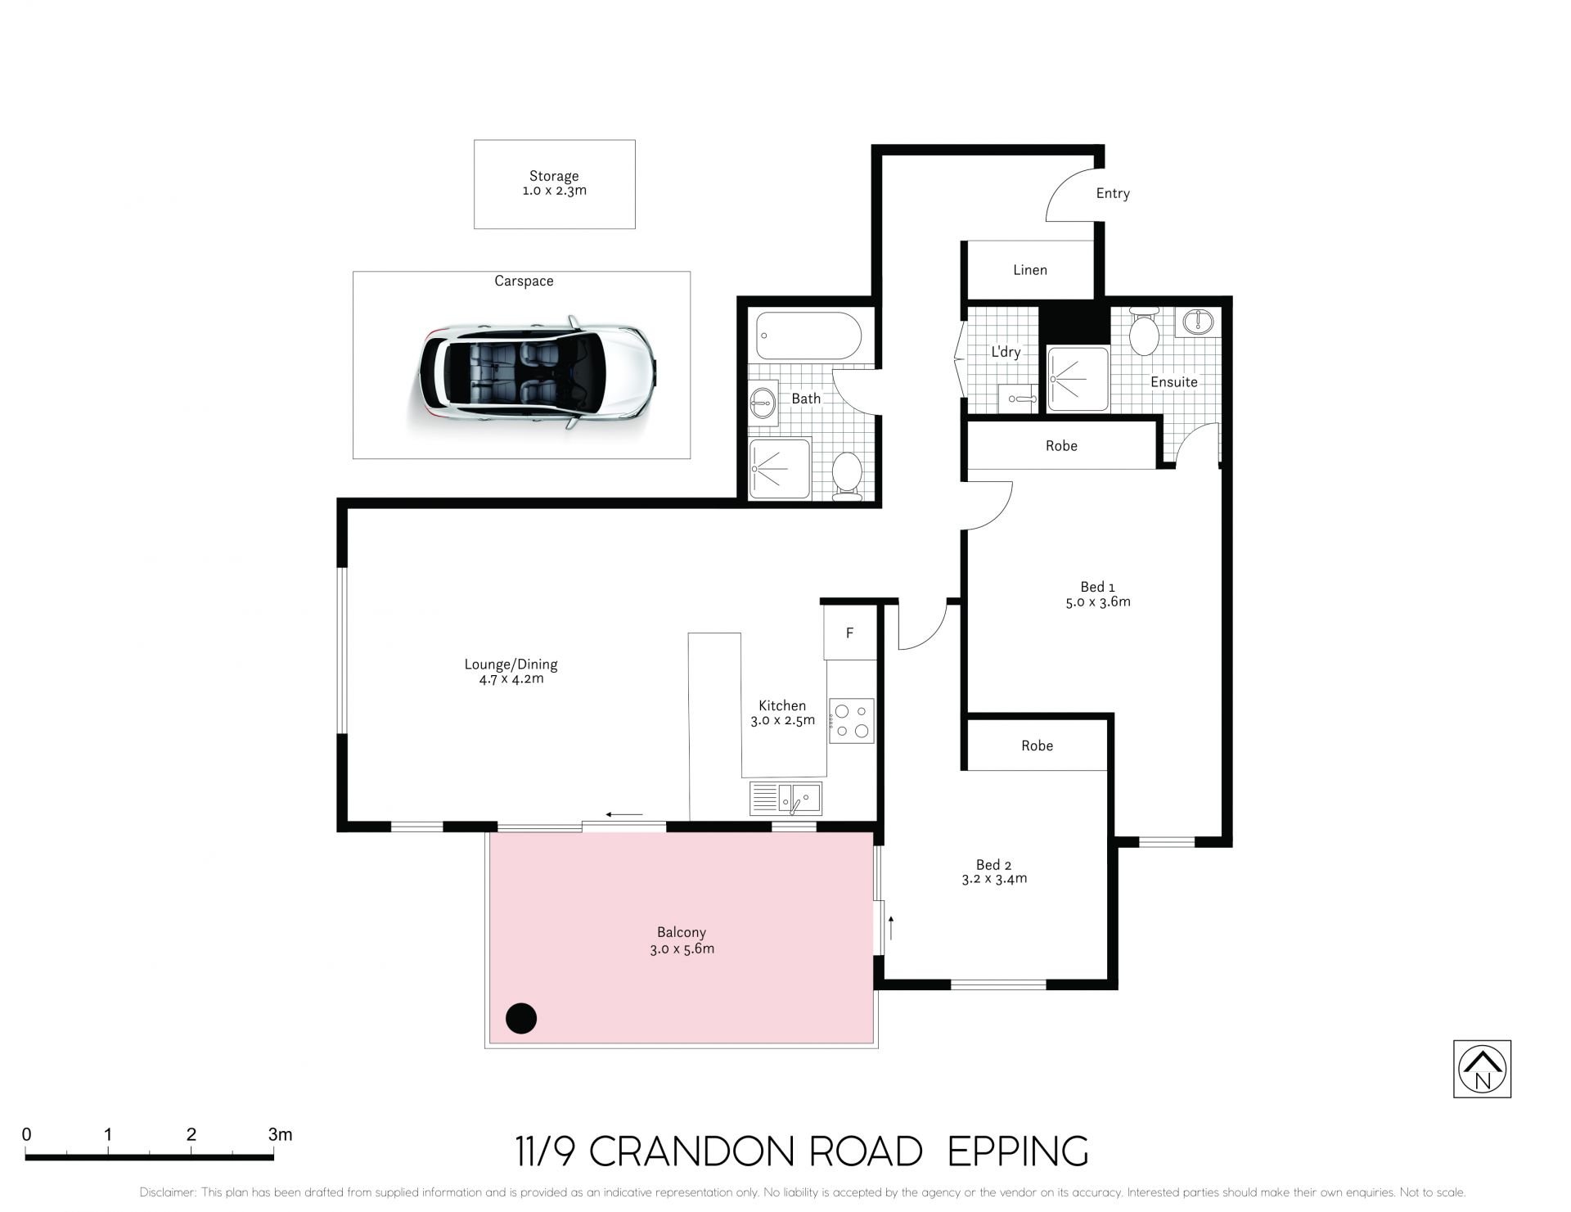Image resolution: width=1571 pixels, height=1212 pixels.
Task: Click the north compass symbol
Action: click(x=1482, y=1069)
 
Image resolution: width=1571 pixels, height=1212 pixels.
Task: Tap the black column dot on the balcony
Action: click(x=521, y=1018)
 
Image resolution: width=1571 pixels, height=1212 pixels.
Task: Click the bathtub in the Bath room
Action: click(x=808, y=336)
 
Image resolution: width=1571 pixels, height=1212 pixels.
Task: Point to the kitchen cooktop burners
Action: click(x=852, y=720)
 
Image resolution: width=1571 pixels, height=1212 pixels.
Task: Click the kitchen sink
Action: click(x=786, y=798)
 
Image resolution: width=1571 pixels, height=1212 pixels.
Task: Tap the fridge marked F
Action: click(x=850, y=632)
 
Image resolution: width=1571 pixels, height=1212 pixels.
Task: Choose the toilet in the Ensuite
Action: click(x=1144, y=331)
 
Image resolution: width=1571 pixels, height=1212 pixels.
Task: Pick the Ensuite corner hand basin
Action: click(x=1197, y=322)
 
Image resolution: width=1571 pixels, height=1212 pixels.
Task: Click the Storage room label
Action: click(x=554, y=176)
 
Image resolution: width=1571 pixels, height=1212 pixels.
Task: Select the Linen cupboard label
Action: click(x=1030, y=270)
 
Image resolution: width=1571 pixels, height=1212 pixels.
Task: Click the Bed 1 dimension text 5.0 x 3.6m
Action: click(x=1098, y=601)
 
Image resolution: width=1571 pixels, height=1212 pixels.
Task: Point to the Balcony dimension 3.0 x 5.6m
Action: click(x=682, y=949)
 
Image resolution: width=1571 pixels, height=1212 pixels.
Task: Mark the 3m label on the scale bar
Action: click(x=280, y=1134)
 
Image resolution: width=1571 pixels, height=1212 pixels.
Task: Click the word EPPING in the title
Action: click(x=1018, y=1151)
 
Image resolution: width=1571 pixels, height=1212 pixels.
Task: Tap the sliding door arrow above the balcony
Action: click(x=624, y=814)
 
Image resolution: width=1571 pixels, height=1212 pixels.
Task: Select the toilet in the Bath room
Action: click(x=847, y=476)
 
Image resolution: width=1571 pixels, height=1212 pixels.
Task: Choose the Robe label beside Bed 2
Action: click(x=1037, y=746)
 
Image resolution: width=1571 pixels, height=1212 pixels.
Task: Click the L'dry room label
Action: click(x=1006, y=352)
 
